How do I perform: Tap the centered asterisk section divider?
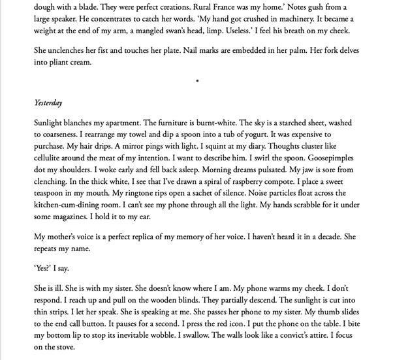pos(196,82)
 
